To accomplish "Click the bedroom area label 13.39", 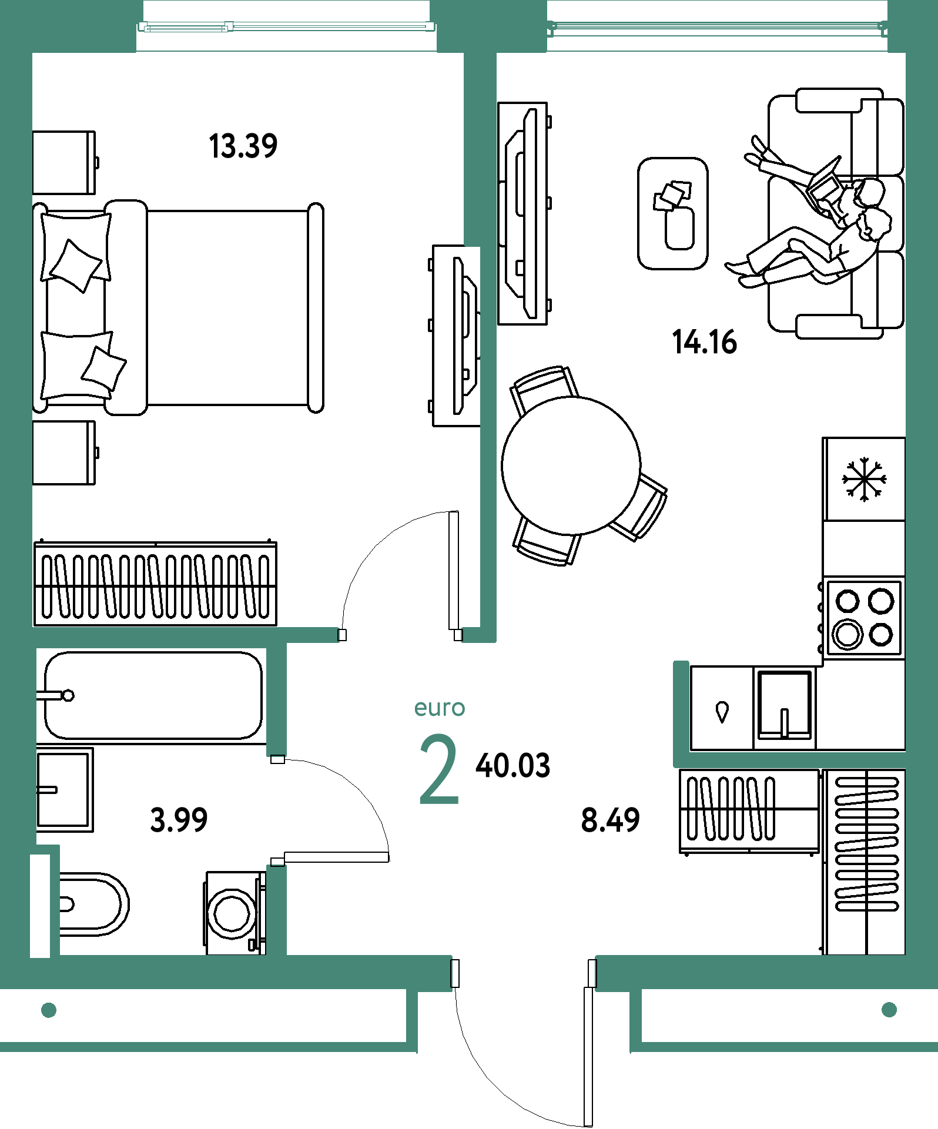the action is click(x=243, y=146).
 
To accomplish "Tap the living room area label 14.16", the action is click(x=704, y=342).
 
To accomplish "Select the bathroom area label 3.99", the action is click(x=179, y=820).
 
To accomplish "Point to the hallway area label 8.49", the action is click(x=610, y=820).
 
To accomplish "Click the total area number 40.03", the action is click(x=513, y=766).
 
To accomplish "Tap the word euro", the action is click(x=440, y=708).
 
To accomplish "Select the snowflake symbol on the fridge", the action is click(x=864, y=480).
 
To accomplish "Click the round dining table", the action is click(x=571, y=465).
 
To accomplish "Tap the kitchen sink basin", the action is click(x=785, y=705).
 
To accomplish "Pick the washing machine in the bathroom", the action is click(x=235, y=913).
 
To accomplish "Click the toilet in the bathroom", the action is click(x=93, y=904).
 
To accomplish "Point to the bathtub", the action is click(x=153, y=695).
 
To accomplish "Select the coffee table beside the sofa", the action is click(x=673, y=213).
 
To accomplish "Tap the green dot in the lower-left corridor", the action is click(x=49, y=1010).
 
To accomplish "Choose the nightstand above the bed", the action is click(x=64, y=163).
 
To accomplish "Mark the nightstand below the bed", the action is click(x=64, y=453).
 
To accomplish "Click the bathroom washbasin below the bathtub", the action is click(x=65, y=790).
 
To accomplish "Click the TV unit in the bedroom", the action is click(x=457, y=336).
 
